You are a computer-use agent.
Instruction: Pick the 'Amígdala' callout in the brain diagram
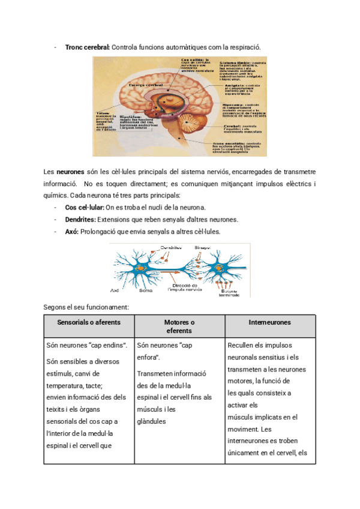click(235, 86)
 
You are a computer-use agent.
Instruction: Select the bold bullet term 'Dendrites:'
click(80, 219)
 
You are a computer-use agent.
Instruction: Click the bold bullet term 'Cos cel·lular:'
click(84, 207)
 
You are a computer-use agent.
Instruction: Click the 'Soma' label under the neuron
click(145, 290)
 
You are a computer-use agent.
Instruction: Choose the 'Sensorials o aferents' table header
click(88, 322)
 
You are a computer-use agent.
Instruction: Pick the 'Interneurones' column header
click(270, 322)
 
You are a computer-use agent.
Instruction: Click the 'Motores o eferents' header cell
click(179, 327)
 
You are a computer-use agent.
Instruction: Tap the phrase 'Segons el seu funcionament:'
click(87, 307)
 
